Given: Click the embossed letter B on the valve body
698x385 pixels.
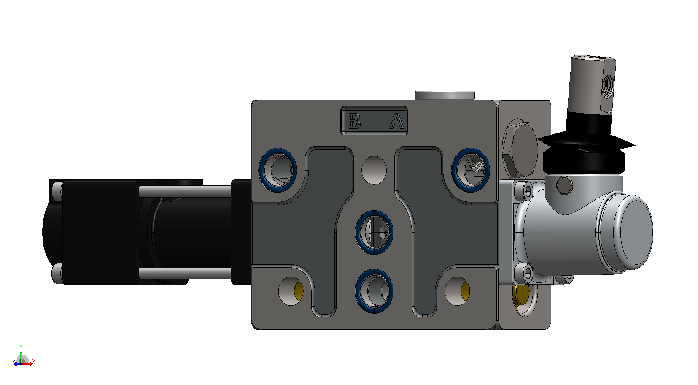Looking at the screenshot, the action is point(354,121).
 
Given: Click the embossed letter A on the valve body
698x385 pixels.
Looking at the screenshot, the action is point(397,121).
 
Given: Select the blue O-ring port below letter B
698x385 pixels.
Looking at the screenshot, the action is point(278,170).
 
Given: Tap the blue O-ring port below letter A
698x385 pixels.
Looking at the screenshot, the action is point(471,170).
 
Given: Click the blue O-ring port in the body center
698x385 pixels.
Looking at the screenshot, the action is point(374,233).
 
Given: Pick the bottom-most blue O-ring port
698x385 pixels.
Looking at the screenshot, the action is point(374,291).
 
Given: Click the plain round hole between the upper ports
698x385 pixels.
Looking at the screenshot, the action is point(374,170).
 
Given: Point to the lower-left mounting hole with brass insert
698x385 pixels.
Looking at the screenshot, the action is point(291,291).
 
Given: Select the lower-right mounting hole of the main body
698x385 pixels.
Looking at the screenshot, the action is point(458,291).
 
